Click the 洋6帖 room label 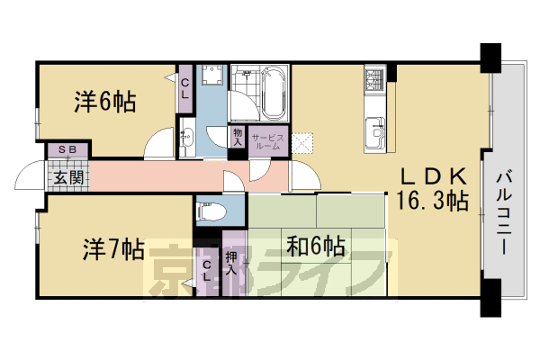(x=104, y=103)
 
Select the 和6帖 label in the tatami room (x=315, y=245)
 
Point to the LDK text (x=433, y=176)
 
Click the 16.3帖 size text (x=433, y=202)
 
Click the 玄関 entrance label (x=67, y=176)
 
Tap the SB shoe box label (x=67, y=149)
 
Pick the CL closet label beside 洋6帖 (x=185, y=88)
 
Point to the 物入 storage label (x=238, y=136)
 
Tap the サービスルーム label (x=268, y=141)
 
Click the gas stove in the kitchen (x=375, y=81)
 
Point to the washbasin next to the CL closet (x=186, y=138)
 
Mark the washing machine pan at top (x=212, y=79)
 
